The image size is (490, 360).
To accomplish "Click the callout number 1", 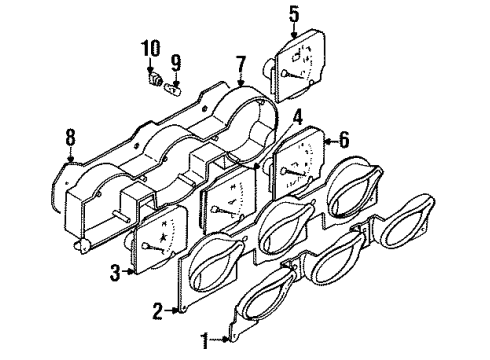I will pyautogui.click(x=204, y=342).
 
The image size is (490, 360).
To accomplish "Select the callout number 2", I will pyautogui.click(x=157, y=311).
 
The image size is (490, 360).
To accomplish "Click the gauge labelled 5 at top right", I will pyautogui.click(x=301, y=63).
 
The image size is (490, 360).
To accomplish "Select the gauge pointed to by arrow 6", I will pyautogui.click(x=296, y=165).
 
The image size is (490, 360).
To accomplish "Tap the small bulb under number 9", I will pyautogui.click(x=172, y=87).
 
